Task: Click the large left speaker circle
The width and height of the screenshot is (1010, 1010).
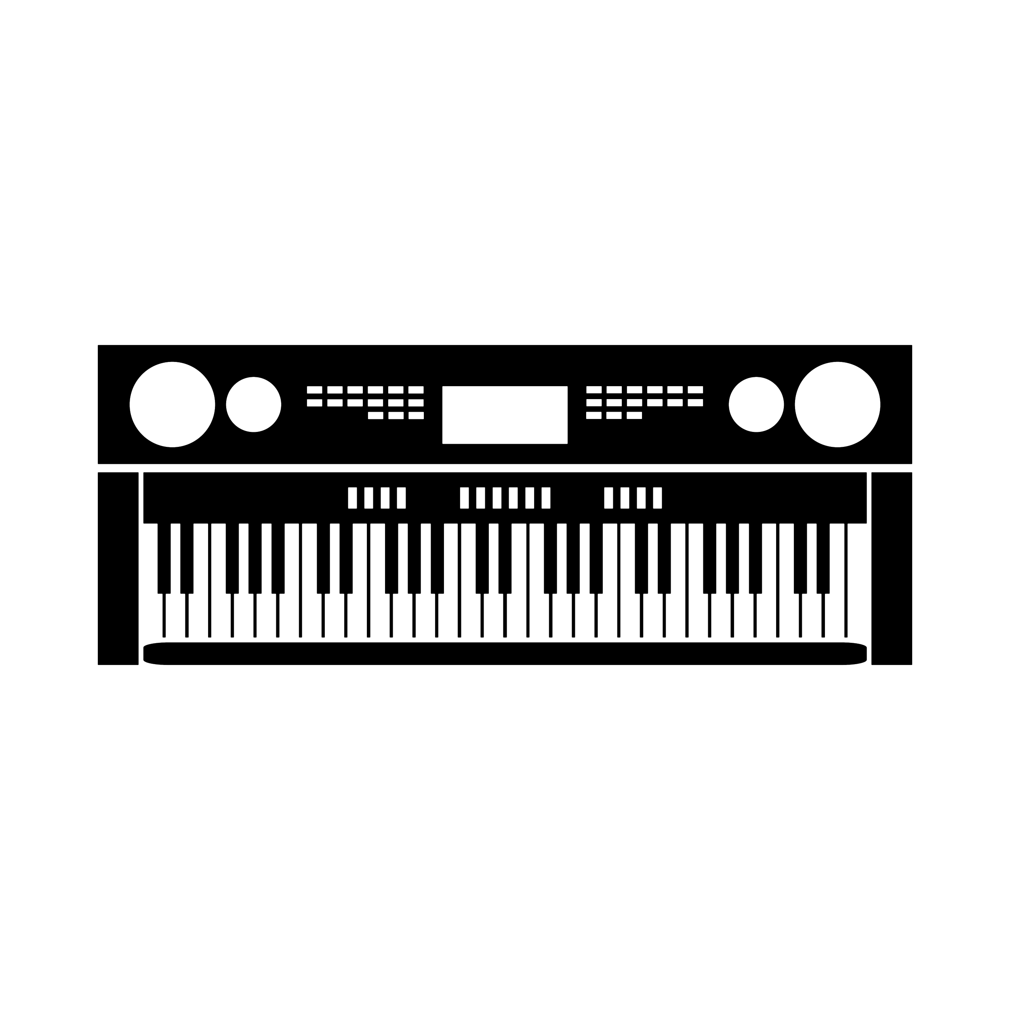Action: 172,404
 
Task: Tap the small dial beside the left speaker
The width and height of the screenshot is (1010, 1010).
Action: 254,404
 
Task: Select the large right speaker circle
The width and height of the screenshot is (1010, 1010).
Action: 837,404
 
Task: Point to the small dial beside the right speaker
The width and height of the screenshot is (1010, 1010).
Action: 756,404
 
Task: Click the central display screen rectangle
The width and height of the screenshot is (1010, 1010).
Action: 505,415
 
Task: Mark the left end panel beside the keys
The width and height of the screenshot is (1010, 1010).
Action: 118,568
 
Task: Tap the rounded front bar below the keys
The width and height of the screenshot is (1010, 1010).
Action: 505,653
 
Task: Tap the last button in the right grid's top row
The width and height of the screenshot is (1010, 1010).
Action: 695,390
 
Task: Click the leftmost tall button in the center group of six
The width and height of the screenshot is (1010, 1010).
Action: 464,498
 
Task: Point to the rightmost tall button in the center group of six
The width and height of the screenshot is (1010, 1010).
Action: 546,498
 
